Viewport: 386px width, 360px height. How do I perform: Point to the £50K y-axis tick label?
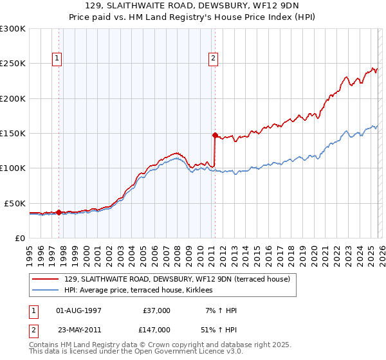[x=15, y=203]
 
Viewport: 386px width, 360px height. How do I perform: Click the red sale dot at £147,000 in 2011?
[x=215, y=135]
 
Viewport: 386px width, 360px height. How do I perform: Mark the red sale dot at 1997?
[x=59, y=212]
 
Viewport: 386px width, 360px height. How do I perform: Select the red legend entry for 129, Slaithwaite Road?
[x=177, y=279]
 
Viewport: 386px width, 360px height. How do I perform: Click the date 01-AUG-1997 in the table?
[x=78, y=310]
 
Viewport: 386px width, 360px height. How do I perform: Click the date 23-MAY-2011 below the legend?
[x=78, y=330]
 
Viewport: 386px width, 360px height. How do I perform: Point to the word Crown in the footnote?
[x=151, y=345]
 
